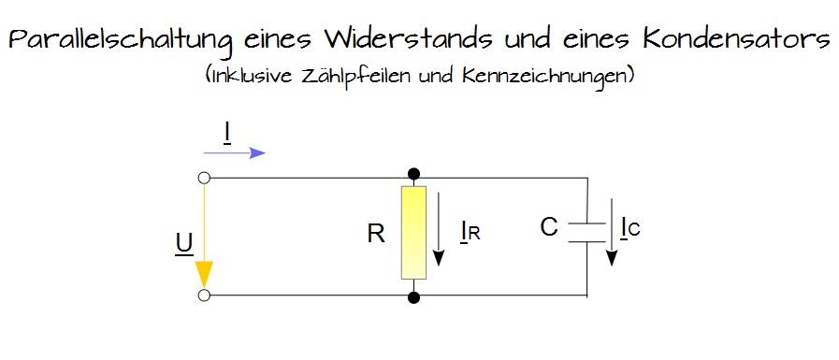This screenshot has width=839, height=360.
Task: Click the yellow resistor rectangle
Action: [x=413, y=232]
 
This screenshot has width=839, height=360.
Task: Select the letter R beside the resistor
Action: [x=376, y=233]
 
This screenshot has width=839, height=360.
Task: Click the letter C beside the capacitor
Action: [x=549, y=227]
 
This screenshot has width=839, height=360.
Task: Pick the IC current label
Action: [x=629, y=227]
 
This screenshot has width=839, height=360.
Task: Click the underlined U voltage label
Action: [x=184, y=244]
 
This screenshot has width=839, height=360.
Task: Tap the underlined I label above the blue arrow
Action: [x=227, y=133]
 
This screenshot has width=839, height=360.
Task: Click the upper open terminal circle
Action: [x=204, y=177]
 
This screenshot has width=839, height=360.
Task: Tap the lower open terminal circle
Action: [x=204, y=296]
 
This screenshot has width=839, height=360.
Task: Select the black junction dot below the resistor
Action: [x=413, y=297]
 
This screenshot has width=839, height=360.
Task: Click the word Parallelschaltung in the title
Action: [x=121, y=41]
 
